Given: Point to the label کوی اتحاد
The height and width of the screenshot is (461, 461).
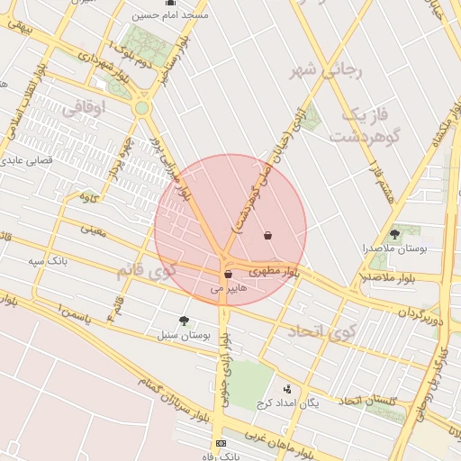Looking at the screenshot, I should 322,332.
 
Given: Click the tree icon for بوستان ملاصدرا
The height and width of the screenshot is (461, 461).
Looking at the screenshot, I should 393,233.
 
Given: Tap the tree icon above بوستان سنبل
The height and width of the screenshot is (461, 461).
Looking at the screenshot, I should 185,321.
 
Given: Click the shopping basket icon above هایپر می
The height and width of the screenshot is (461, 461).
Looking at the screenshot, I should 228,275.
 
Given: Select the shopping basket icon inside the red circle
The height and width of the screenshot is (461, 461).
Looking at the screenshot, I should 267,236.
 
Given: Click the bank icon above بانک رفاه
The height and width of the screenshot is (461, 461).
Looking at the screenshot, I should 221,444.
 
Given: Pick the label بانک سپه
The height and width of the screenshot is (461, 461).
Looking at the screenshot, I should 48,261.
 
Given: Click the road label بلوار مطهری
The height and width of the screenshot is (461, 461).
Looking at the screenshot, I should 273,270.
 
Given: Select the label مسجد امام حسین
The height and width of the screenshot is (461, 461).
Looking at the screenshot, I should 170,15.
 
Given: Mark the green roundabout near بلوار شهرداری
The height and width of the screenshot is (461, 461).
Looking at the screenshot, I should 141,108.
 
